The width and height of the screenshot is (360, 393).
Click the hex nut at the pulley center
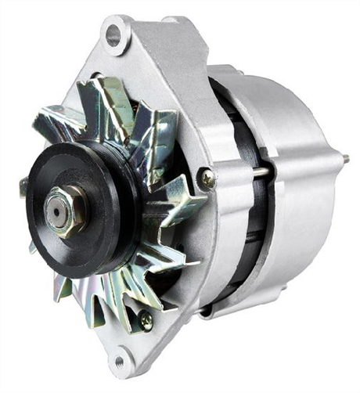65,210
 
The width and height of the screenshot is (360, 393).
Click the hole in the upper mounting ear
114,34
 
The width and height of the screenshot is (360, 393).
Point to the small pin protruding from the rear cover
345,160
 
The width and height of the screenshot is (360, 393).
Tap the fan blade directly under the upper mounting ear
117,102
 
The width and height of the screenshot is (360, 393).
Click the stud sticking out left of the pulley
23,186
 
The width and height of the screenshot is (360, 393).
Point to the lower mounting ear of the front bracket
121,356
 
